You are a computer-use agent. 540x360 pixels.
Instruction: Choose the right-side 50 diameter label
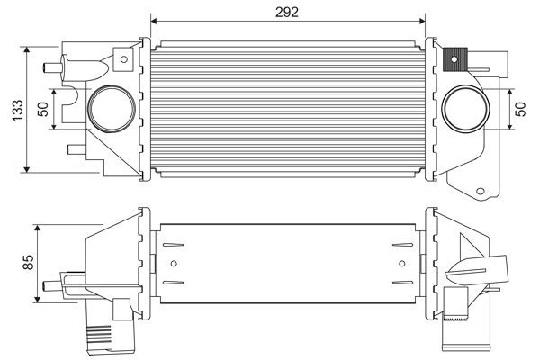tap(520, 108)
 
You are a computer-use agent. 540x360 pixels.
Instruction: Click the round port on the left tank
tap(109, 107)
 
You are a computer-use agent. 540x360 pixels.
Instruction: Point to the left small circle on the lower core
tap(175, 264)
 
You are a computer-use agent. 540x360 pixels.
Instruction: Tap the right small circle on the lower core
tap(401, 264)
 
